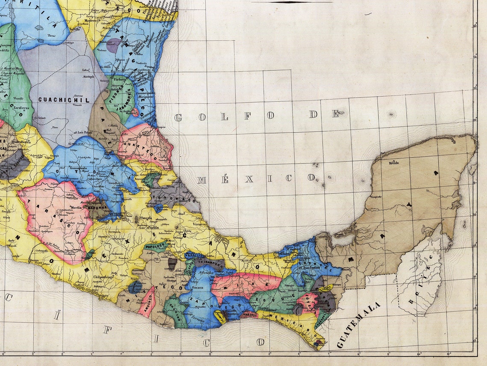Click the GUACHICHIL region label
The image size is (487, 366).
tap(64, 100)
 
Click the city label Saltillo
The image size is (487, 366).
tap(75, 30)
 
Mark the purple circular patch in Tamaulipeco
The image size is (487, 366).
tap(114, 45)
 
